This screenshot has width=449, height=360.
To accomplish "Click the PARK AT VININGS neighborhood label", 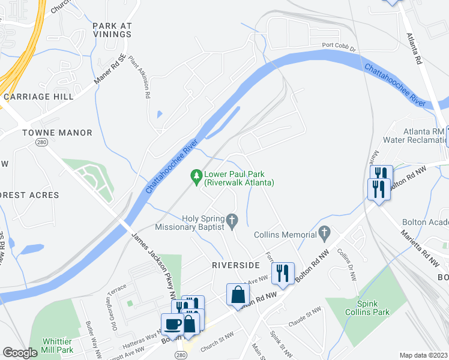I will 112,30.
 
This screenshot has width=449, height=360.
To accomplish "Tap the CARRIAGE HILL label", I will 38,96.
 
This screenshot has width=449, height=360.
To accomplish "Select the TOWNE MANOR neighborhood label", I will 58,133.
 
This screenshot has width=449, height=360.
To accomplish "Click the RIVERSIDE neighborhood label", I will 235,265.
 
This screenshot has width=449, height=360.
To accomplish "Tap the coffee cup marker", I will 173,323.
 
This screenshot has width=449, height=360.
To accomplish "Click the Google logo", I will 20,353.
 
